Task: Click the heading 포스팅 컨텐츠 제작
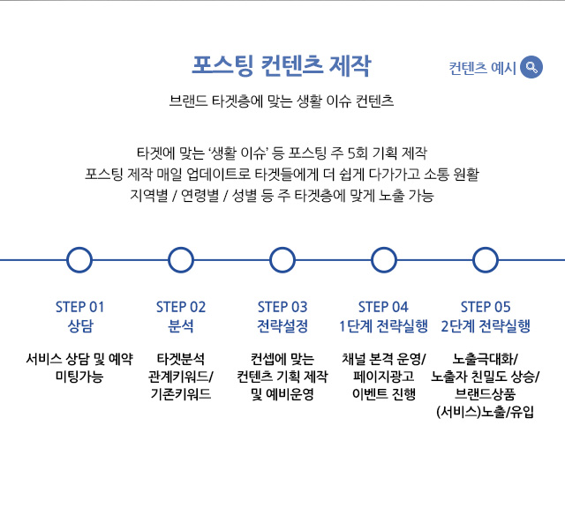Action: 281,66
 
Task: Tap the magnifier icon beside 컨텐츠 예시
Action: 531,67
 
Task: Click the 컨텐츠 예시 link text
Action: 482,68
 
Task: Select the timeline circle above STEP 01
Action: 79,260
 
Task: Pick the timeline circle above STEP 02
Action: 181,260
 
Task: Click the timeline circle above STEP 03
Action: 282,260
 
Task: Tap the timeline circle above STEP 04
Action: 383,260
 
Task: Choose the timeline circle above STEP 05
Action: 485,260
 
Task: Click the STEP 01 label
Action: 79,307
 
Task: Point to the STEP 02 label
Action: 181,307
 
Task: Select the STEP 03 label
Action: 282,307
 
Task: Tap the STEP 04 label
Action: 383,307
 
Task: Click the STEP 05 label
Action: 485,307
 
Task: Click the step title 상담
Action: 79,325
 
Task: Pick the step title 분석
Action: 181,325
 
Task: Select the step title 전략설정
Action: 282,325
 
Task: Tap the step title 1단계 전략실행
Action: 383,325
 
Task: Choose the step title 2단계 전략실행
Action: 485,325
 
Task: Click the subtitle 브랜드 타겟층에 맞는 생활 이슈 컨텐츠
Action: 281,101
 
